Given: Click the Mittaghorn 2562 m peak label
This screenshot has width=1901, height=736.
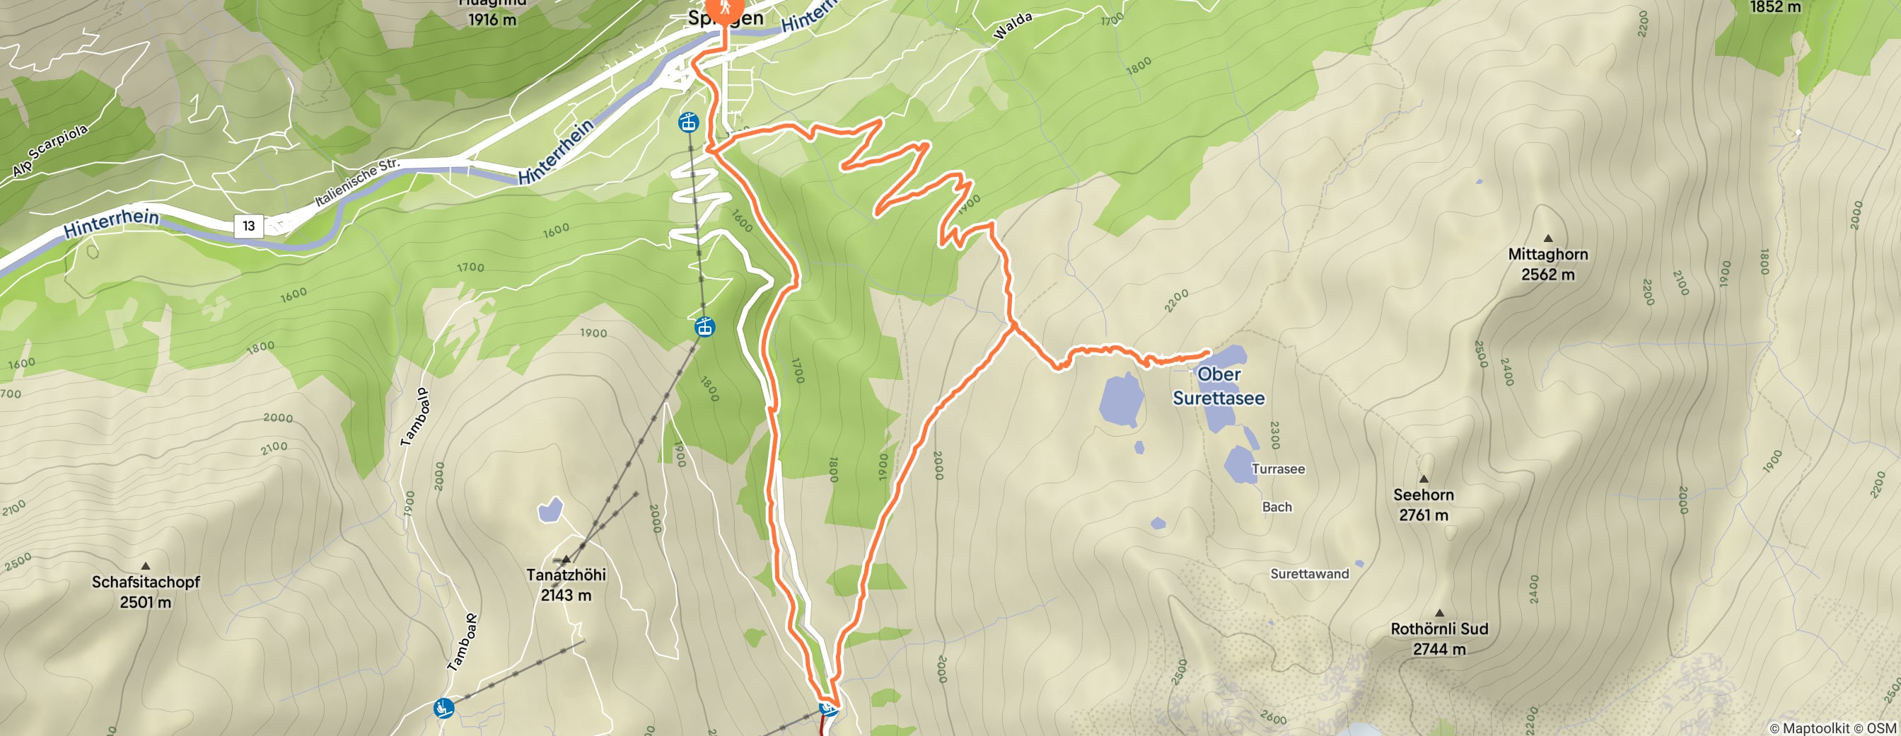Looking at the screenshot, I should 1547,264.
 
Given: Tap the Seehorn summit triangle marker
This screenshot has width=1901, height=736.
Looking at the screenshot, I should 1424,478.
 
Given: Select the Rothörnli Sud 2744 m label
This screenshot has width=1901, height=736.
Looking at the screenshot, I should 1438,638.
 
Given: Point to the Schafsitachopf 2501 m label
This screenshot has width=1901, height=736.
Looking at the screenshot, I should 146,592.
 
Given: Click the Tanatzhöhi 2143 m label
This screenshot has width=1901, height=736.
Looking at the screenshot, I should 566,584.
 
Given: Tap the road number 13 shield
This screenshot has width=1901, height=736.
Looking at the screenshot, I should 249,226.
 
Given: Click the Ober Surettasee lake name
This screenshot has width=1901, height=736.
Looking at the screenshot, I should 1219,386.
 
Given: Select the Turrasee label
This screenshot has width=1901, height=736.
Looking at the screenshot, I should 1277,468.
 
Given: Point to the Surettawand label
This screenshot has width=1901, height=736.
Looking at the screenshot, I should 1308,574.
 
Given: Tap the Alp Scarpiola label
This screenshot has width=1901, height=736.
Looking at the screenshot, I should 50,151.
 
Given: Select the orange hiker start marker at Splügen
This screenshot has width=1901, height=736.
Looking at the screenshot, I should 726,9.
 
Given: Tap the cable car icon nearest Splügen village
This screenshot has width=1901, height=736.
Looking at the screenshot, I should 689,122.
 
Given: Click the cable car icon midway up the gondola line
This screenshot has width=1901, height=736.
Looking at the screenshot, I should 705,326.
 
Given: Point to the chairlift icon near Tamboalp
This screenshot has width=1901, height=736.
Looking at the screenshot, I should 443,708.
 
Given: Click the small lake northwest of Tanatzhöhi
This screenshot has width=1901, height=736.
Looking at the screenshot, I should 550,510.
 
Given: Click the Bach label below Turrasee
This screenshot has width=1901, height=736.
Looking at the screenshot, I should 1277,507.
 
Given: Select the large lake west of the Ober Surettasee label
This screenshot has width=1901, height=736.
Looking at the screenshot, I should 1121,399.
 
